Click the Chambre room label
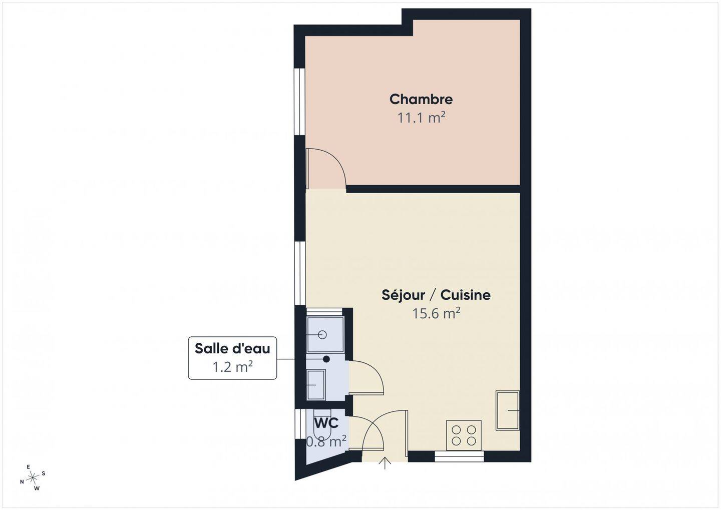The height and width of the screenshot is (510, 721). [x=421, y=99]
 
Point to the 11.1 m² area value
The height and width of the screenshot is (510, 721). [x=422, y=118]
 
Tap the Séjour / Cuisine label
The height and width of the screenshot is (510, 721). [x=436, y=295]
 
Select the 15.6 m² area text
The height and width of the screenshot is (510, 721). [x=436, y=313]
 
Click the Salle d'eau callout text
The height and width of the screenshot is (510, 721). [x=232, y=348]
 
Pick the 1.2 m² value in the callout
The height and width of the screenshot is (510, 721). [x=232, y=367]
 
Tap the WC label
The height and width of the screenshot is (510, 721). [x=326, y=423]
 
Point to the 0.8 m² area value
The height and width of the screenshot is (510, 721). [x=326, y=441]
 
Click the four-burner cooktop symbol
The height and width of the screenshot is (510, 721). [x=464, y=435]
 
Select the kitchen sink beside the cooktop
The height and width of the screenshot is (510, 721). [x=508, y=410]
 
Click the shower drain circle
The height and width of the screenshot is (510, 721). [x=322, y=335]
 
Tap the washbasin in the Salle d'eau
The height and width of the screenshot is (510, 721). [x=316, y=384]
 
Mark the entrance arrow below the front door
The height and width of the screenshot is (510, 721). [x=385, y=463]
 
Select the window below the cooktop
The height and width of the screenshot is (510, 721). [x=459, y=456]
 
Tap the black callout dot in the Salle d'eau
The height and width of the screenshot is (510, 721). [x=326, y=359]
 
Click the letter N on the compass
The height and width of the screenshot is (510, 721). [x=22, y=481]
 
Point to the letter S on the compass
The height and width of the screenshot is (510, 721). [x=44, y=473]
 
